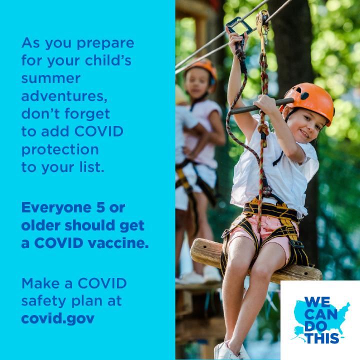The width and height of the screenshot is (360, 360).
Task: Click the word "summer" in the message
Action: click(50, 78)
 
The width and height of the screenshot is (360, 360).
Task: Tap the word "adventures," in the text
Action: click(64, 96)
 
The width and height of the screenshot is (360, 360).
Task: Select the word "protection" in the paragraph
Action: click(60, 150)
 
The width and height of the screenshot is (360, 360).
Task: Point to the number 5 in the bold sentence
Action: click(100, 207)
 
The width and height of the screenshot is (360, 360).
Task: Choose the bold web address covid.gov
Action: click(58, 318)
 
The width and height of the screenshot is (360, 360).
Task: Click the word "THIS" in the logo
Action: click(322, 338)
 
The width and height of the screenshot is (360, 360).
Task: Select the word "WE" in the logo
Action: click(317, 302)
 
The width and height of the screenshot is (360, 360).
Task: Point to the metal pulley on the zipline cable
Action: click(262, 25)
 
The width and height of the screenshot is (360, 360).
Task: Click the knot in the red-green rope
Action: click(263, 130)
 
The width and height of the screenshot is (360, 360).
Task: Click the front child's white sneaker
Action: click(229, 351)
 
